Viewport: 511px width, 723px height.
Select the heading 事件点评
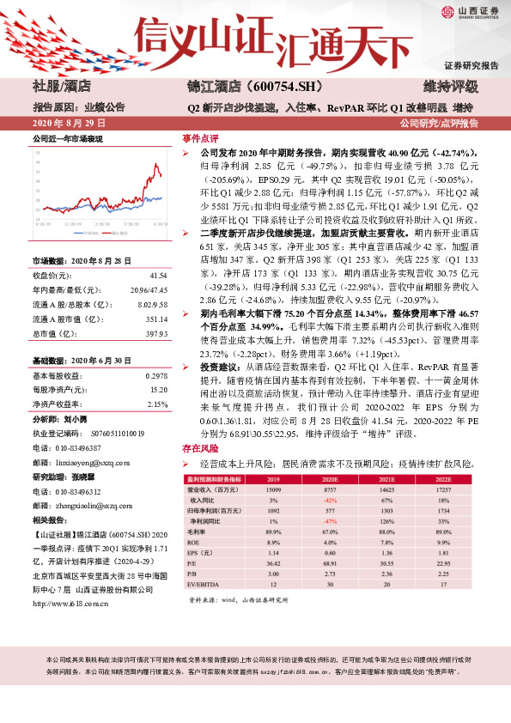[199, 137]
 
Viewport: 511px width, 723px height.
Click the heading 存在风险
[199, 447]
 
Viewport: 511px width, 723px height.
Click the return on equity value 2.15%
[158, 403]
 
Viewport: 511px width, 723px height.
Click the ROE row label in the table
[196, 541]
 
